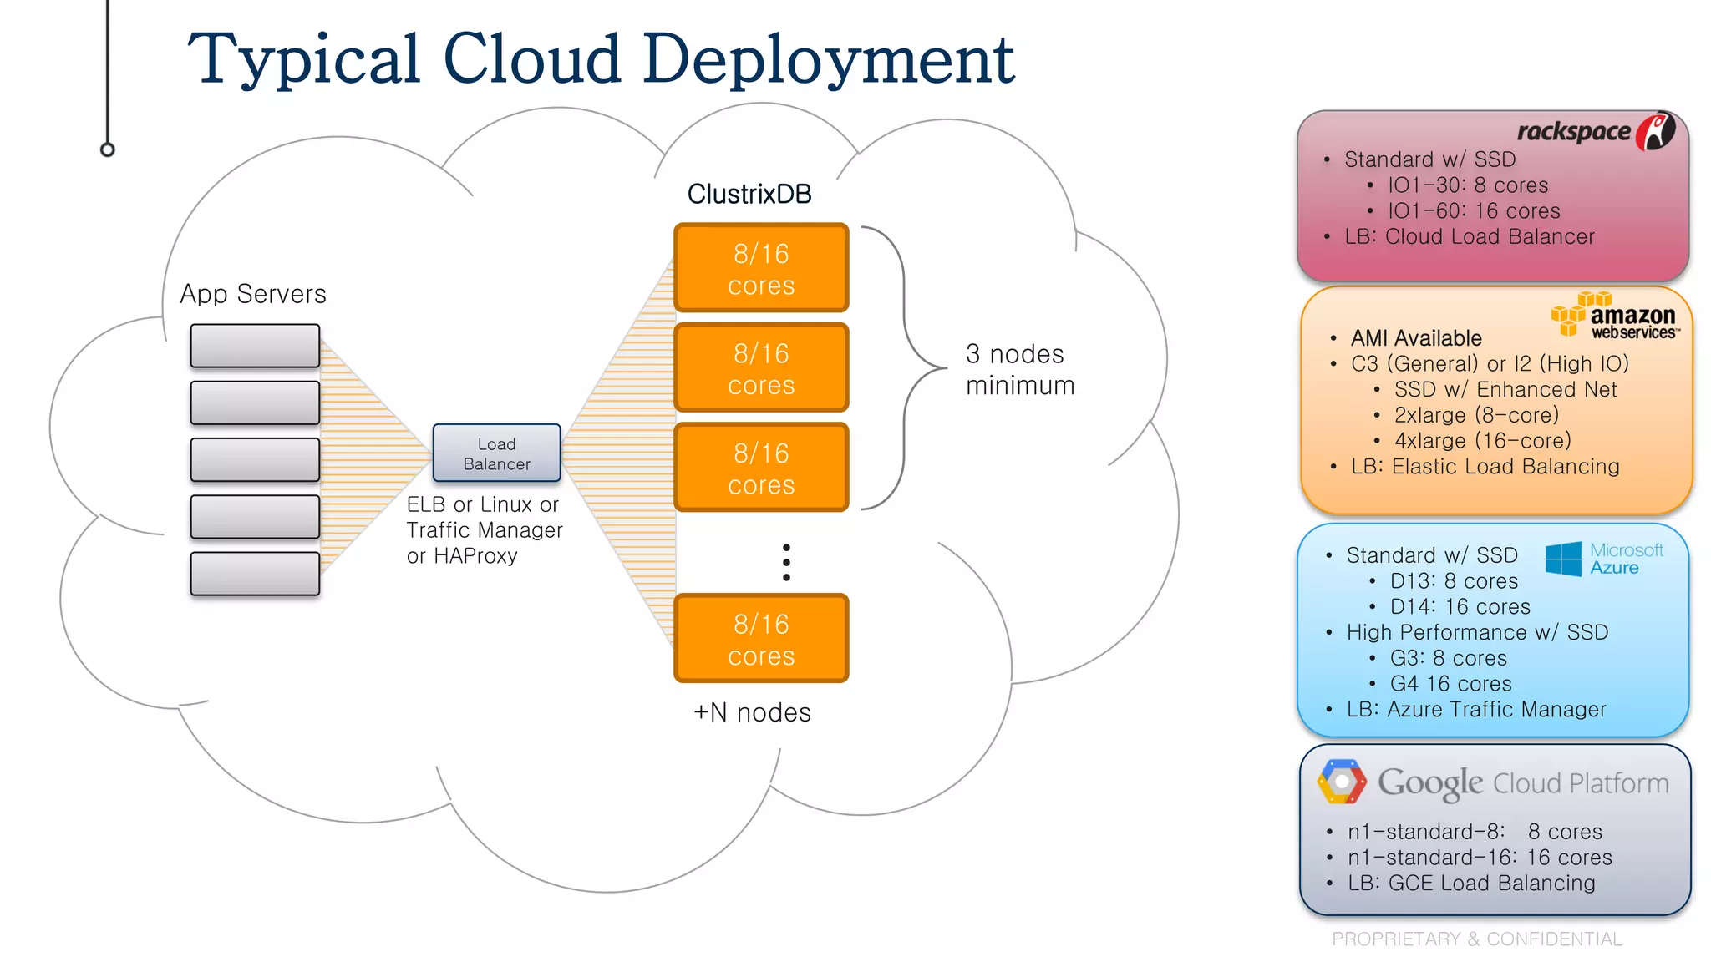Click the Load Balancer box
coord(496,453)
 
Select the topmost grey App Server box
coord(255,346)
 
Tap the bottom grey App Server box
coord(255,574)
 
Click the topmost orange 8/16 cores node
coord(761,268)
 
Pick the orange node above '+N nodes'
coord(761,639)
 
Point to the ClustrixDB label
coord(749,194)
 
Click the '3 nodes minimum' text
coord(1019,369)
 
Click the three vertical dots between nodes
coord(786,562)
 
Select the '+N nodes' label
coord(752,712)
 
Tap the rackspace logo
coord(1596,132)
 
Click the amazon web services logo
coord(1617,316)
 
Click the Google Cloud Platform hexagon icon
coord(1342,782)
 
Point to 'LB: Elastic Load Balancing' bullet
coord(1485,467)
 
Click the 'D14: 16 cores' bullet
coord(1460,607)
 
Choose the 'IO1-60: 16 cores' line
coord(1474,211)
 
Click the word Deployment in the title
coord(829,60)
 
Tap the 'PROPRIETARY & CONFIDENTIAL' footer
coord(1476,939)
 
